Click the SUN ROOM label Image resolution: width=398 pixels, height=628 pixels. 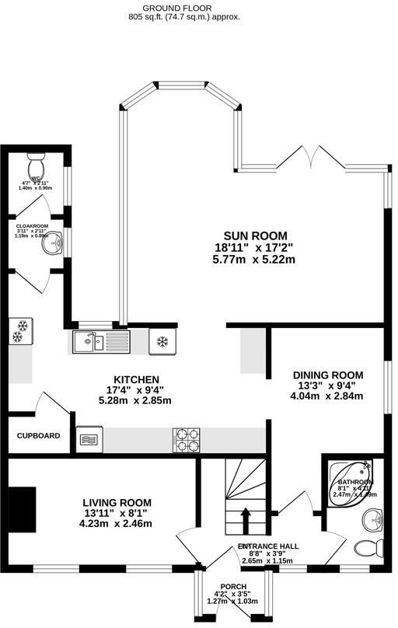tap(255, 235)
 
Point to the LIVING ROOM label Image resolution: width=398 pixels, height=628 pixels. tap(117, 502)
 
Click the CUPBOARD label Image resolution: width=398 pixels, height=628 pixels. tap(39, 436)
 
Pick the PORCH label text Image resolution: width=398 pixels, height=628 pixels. tap(232, 586)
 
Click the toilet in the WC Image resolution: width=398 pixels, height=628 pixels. tap(37, 167)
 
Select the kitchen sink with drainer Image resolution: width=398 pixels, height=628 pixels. tap(100, 340)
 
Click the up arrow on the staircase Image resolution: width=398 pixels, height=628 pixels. tap(246, 517)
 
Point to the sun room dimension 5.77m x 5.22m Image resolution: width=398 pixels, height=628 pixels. tap(255, 260)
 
